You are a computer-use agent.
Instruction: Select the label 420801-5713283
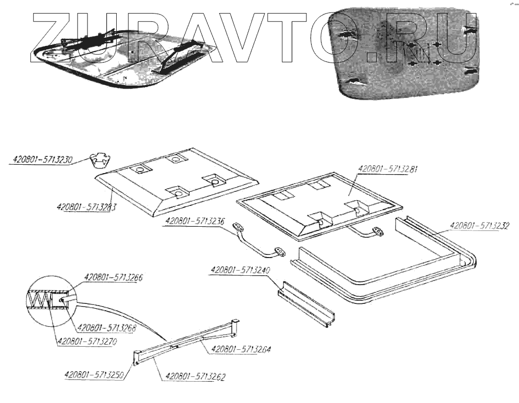[x=86, y=206]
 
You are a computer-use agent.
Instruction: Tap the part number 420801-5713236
[x=195, y=221]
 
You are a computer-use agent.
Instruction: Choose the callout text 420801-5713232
[x=479, y=226]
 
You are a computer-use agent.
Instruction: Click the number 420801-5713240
[x=240, y=271]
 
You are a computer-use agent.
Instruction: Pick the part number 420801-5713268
[x=107, y=328]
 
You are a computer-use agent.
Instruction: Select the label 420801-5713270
[x=86, y=342]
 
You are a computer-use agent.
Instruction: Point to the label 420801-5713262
[x=195, y=376]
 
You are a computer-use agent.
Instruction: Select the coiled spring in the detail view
[x=41, y=300]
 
